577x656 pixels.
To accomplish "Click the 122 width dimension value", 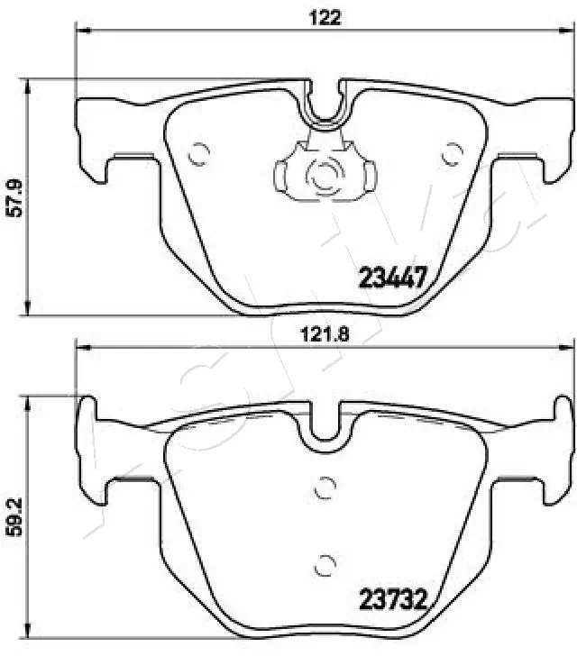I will pos(327,17).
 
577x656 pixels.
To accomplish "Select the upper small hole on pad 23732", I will pos(323,487).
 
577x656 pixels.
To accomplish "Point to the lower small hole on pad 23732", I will pos(324,567).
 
